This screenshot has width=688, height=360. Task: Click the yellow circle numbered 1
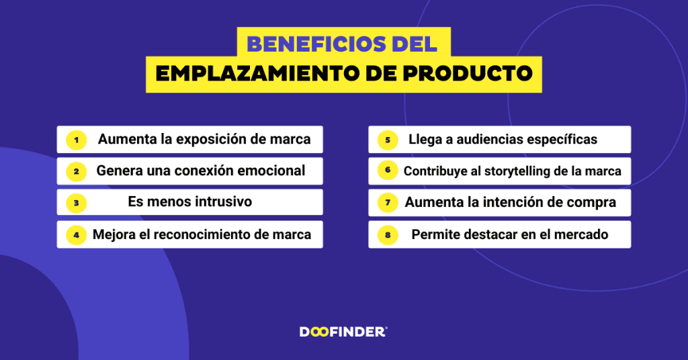76,140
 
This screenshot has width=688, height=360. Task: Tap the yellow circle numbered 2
76,171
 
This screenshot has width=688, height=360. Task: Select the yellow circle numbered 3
76,202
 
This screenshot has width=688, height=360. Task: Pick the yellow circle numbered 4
76,234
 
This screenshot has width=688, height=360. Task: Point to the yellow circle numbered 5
388,140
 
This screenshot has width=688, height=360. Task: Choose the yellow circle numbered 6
388,171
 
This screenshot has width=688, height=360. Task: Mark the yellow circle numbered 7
388,202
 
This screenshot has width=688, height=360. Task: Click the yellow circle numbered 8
388,234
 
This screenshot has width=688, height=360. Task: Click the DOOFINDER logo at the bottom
343,331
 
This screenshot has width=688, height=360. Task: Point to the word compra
593,202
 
